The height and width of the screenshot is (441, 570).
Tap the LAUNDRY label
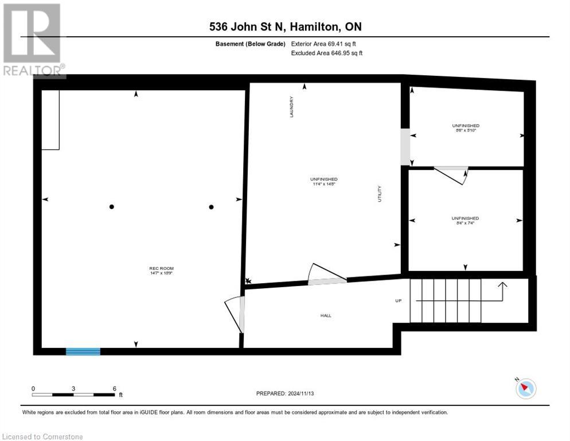click(x=291, y=107)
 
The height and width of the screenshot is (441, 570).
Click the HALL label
click(x=326, y=315)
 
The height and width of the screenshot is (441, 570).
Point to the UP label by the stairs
click(x=398, y=300)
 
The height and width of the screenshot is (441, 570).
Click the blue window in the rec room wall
click(x=83, y=351)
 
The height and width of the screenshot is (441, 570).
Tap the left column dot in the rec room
click(x=112, y=207)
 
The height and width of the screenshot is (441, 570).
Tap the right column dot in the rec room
click(x=211, y=207)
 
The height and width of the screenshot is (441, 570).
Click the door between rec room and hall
click(x=235, y=315)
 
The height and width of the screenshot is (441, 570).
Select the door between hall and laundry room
click(x=326, y=274)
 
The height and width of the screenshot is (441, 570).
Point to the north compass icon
click(x=525, y=389)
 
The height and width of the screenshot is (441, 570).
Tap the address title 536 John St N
click(x=284, y=27)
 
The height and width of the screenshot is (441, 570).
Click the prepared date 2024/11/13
click(x=285, y=393)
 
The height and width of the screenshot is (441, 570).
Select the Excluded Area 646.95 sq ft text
click(x=327, y=53)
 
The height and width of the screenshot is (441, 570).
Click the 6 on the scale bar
click(x=115, y=389)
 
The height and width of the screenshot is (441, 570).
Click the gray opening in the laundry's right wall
click(x=405, y=146)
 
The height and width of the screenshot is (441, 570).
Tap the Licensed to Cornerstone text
click(x=43, y=437)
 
